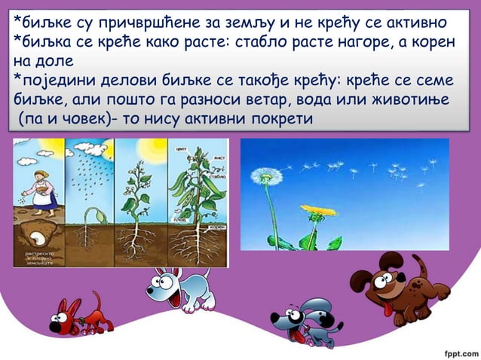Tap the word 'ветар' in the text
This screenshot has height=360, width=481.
277,99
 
